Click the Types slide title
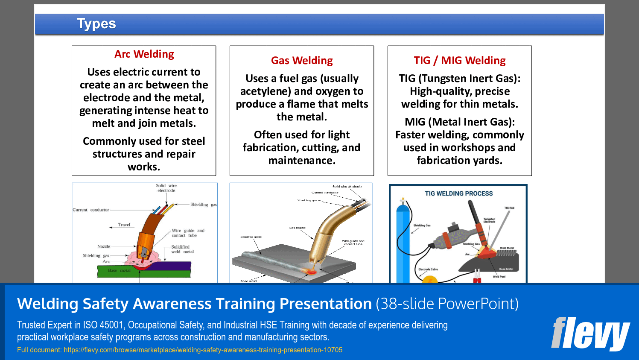point(96,24)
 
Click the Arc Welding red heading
point(144,54)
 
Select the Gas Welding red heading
point(302,61)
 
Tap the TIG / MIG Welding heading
point(460,61)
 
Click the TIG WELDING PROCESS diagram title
point(458,193)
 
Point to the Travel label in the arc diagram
point(124,225)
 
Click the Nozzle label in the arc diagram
point(104,246)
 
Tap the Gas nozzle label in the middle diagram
point(297,228)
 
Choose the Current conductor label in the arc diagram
point(91,210)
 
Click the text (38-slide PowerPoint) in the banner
point(447,304)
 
